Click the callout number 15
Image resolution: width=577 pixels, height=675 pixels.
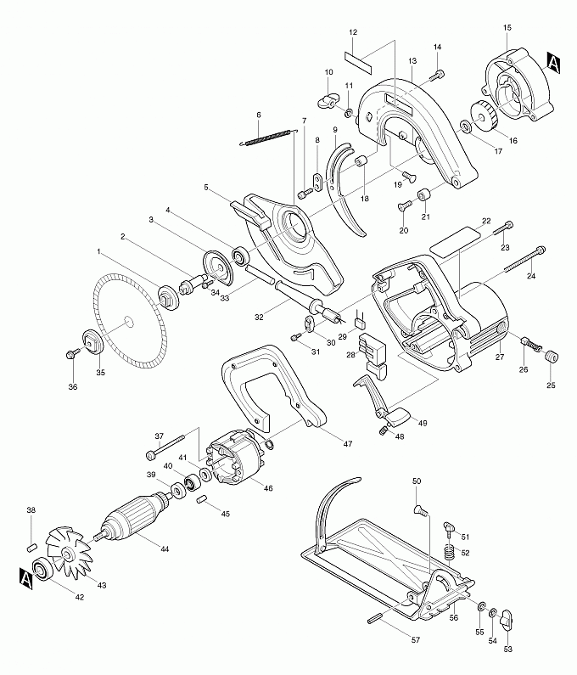click(x=507, y=27)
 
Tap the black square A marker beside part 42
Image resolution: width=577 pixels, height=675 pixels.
click(x=25, y=577)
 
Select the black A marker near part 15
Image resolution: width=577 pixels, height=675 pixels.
click(x=553, y=64)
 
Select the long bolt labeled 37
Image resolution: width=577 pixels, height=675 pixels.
click(x=165, y=446)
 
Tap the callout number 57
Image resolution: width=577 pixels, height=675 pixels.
click(x=415, y=640)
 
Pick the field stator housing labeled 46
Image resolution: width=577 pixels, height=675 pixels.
click(x=234, y=461)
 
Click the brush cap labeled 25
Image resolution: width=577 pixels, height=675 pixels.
click(x=552, y=357)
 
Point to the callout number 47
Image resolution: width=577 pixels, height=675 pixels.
click(x=347, y=443)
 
